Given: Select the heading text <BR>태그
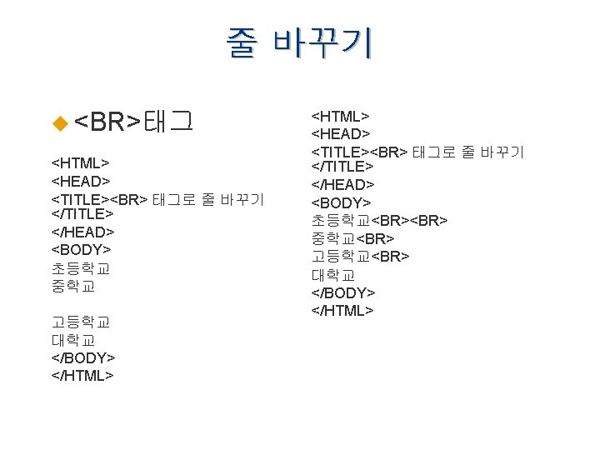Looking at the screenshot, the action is pos(134,122).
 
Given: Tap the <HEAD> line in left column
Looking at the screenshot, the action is pos(81,181).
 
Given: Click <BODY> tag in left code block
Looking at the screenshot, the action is pos(81,249).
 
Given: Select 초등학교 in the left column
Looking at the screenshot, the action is pos(81,268).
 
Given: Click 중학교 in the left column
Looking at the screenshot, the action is pos(73,286).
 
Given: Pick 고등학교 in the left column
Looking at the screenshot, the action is pos(81,322).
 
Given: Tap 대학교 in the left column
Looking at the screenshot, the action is pos(73,340).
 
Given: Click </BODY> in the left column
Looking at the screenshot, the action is pos(83,357).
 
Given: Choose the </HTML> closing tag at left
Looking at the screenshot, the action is pos(82,375).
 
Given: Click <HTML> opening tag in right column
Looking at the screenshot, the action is pos(340,115).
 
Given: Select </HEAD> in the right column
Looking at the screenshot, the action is pos(342,184).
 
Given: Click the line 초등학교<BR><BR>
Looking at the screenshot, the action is pos(379,220).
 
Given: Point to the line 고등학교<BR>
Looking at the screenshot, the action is pos(360,256).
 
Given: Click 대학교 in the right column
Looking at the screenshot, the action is pos(333,274).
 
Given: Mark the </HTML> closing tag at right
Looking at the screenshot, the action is pos(342,311).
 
